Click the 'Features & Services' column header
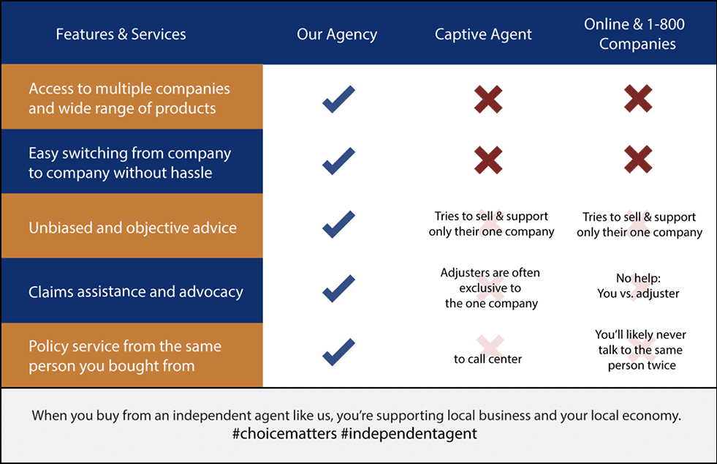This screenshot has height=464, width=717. pos(121,34)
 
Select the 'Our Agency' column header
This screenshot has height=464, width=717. pos(337,35)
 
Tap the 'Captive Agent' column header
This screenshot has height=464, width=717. pos(483,35)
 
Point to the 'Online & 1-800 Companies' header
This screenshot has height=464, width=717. pos(634,34)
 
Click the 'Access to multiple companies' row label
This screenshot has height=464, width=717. pos(129,98)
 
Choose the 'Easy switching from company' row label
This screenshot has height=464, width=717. pos(130,162)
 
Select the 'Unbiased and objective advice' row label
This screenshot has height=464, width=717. pos(132,228)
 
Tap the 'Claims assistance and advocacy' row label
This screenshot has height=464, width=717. pos(136,292)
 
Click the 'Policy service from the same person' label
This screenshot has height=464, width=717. pos(125,356)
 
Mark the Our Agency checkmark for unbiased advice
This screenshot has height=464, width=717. pos(338,225)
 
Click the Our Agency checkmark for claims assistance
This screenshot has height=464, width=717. pos(338,288)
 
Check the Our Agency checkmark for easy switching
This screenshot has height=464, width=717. pos(338,161)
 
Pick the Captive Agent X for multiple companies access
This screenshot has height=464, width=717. pos(488,99)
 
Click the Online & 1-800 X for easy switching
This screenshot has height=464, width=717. pos(638,160)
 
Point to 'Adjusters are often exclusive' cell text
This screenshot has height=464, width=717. pos(490,288)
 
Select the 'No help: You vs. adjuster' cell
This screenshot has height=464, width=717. pos(638,286)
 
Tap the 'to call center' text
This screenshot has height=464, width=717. pos(488,359)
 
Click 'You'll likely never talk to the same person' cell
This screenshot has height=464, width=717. pos(641,350)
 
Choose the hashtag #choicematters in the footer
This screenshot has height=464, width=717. pos(284,433)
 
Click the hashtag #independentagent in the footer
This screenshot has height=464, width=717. pos(409,434)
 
